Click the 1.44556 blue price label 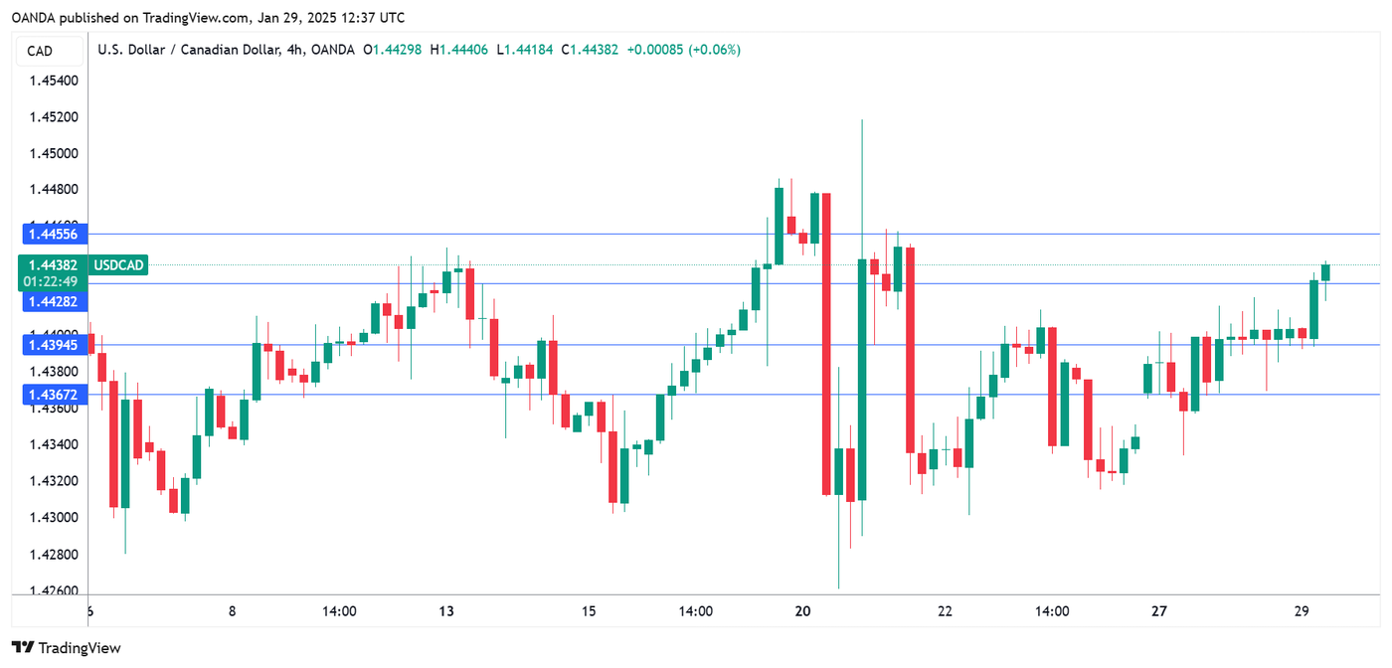click(54, 234)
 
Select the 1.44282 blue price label click(54, 300)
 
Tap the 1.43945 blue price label click(54, 345)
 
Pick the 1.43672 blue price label click(54, 395)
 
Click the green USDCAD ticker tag click(119, 265)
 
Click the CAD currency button click(40, 51)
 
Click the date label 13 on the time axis click(446, 611)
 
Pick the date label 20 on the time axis click(804, 611)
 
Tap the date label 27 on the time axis click(1159, 611)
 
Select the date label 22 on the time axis click(945, 611)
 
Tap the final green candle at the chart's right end click(1325, 272)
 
